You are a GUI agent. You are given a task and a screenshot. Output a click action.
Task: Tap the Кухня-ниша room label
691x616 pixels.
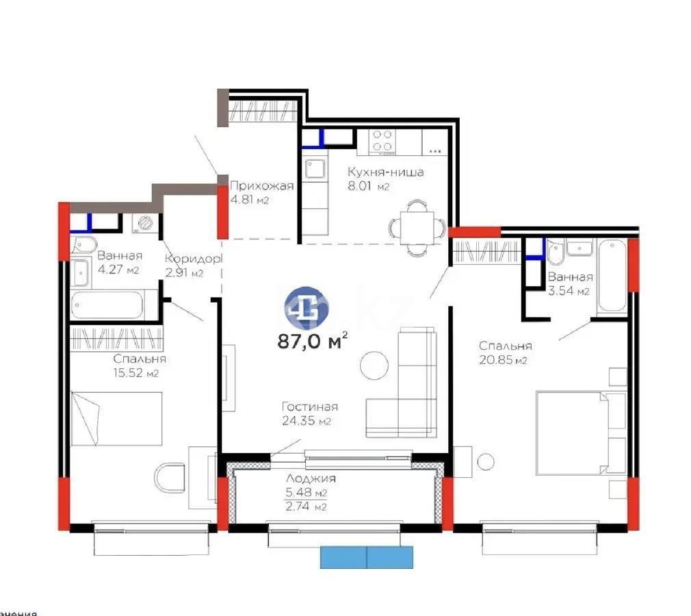click(385, 172)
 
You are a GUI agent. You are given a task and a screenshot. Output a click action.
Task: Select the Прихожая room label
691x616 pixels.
click(261, 186)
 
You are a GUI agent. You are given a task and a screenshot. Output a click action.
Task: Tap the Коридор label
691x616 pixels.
click(194, 259)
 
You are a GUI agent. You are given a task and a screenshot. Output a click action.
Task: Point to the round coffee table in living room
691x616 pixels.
click(374, 363)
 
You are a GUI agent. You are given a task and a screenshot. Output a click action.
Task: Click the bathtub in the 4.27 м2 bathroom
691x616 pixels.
click(107, 305)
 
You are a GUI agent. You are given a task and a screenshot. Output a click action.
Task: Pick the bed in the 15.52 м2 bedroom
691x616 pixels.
click(116, 418)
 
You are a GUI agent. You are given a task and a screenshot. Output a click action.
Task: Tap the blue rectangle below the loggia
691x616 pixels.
click(367, 557)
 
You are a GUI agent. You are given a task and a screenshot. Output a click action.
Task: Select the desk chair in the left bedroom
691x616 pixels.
click(169, 478)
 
